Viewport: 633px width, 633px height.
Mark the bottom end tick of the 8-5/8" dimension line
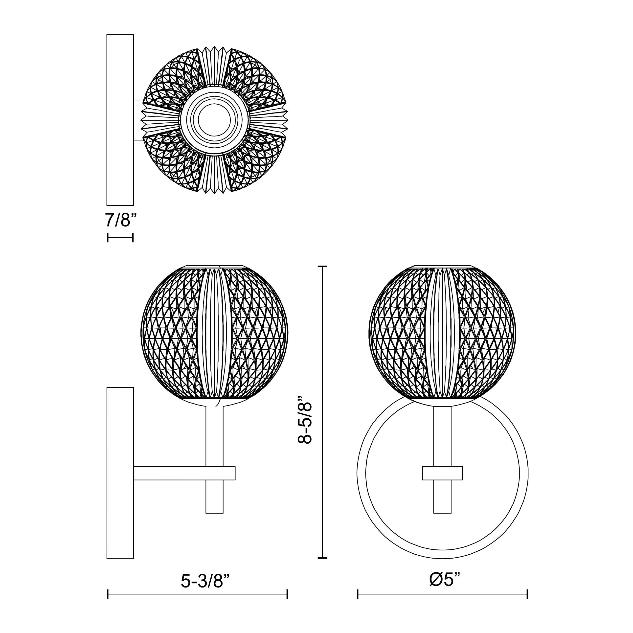pyautogui.click(x=323, y=558)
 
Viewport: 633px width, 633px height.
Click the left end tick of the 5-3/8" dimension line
pyautogui.click(x=108, y=603)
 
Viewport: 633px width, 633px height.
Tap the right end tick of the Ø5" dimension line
pyautogui.click(x=527, y=603)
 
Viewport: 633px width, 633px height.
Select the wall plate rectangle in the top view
pyautogui.click(x=120, y=120)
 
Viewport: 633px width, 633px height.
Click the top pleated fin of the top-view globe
pyautogui.click(x=215, y=66)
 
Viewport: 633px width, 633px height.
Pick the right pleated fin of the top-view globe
pyautogui.click(x=269, y=120)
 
